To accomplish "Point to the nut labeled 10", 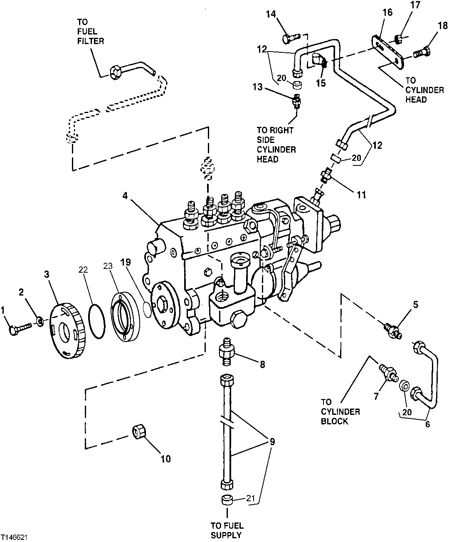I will pyautogui.click(x=139, y=432).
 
